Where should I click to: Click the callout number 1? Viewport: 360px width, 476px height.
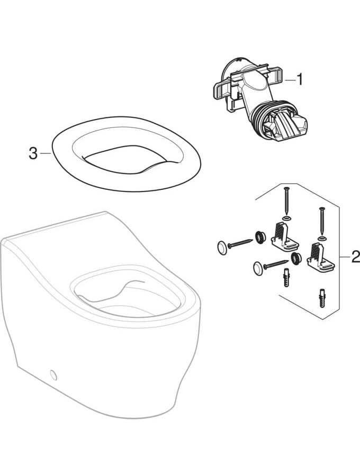pos(300,80)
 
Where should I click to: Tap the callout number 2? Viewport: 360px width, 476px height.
pos(355,257)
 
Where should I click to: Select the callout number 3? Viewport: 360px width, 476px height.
pos(33,153)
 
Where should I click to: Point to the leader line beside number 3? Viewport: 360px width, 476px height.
pos(46,153)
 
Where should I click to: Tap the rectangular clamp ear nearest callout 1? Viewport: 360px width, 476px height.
pos(277,75)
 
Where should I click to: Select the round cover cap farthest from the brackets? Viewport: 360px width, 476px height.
pos(222,248)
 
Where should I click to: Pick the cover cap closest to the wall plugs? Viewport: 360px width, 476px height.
pos(258,269)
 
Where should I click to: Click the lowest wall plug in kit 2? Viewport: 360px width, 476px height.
pos(322,298)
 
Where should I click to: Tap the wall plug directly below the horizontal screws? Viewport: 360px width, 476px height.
pos(285,277)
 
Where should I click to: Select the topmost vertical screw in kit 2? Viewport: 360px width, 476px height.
pos(286,200)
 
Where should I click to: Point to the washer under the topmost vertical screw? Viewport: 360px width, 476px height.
pos(286,218)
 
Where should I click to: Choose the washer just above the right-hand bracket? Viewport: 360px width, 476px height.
pos(322,237)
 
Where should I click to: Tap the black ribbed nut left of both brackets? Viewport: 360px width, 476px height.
pos(259,237)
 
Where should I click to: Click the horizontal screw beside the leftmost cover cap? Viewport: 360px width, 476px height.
pos(240,243)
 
